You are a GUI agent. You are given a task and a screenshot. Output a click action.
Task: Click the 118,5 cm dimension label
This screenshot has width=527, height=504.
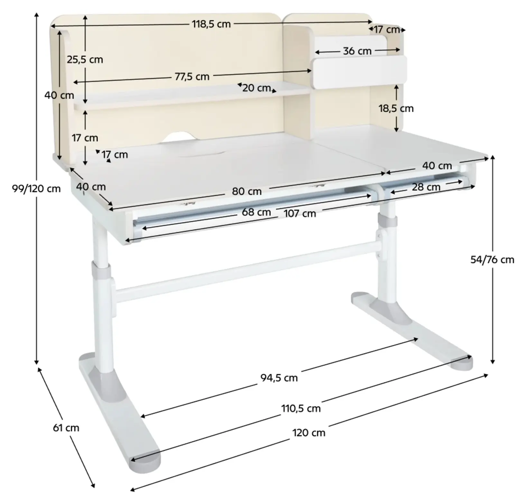(x=211, y=24)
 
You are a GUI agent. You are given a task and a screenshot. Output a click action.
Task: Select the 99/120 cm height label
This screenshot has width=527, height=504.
(x=36, y=189)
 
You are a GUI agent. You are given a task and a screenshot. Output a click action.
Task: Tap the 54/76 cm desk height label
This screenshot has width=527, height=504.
(x=492, y=260)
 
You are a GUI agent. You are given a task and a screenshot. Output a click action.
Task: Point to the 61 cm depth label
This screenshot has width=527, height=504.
(x=66, y=428)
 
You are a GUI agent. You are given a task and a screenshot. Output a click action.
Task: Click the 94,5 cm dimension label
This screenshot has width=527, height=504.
(x=279, y=378)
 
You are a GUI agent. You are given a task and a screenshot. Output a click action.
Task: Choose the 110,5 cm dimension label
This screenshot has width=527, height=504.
(x=301, y=409)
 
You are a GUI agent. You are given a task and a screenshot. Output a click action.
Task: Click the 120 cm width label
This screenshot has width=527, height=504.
(x=309, y=433)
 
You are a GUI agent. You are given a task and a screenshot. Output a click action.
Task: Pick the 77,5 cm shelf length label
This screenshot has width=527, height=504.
(x=192, y=76)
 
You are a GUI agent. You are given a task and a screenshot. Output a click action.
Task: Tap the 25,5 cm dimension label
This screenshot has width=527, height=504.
(x=85, y=60)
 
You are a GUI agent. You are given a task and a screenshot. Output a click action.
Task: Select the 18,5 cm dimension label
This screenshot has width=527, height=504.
(x=396, y=109)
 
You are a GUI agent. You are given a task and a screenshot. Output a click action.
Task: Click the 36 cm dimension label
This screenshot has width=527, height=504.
(x=357, y=51)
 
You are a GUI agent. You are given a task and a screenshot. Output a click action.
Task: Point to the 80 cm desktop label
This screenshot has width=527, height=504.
(x=247, y=191)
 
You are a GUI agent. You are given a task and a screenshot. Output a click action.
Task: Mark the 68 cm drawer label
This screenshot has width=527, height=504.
(x=256, y=212)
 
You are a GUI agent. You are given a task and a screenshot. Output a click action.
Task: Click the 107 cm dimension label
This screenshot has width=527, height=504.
(x=300, y=214)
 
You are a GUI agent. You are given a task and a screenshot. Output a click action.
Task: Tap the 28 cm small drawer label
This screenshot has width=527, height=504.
(x=426, y=187)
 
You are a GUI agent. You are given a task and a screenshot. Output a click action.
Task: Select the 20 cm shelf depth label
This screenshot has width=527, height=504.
(x=256, y=88)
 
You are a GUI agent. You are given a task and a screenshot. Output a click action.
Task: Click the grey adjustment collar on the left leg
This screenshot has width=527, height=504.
(x=101, y=270)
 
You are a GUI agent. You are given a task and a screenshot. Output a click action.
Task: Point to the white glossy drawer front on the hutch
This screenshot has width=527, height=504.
(x=359, y=72)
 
